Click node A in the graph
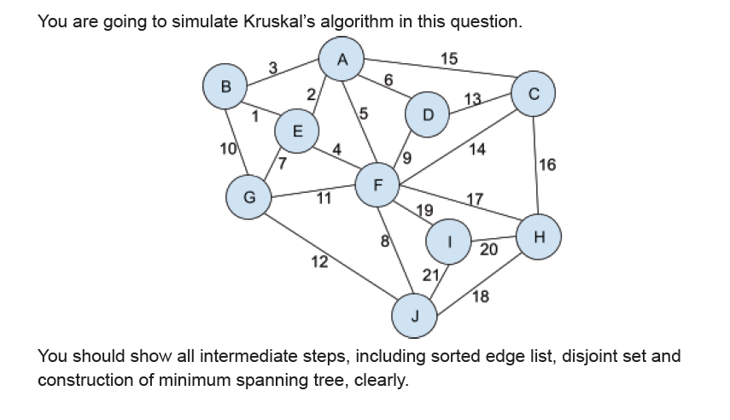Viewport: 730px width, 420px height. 342,59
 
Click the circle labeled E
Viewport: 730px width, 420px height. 297,131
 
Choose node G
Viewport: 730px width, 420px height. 248,196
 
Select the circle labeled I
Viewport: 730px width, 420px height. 450,242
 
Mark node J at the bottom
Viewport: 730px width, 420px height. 415,317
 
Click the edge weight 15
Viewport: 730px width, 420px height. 448,59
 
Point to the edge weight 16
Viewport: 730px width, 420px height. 547,165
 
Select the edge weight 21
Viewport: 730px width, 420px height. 430,275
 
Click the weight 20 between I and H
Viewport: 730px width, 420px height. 488,249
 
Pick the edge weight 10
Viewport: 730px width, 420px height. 227,151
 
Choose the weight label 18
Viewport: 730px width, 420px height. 480,296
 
